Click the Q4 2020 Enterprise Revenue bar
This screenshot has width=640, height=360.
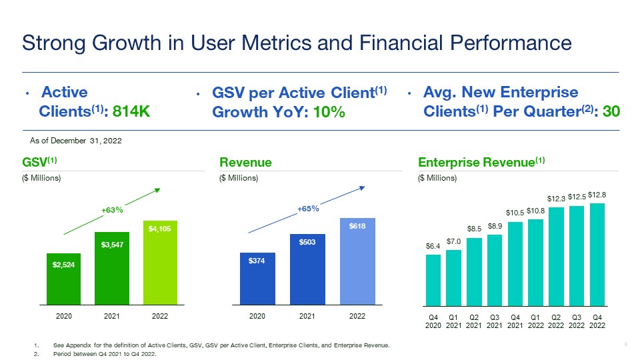tap(433, 279)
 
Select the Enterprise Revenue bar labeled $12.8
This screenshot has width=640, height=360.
tap(597, 253)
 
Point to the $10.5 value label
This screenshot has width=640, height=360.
tap(515, 213)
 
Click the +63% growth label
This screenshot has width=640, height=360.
tap(112, 210)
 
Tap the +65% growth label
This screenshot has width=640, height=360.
tap(308, 209)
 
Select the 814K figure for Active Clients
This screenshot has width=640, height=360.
tap(131, 111)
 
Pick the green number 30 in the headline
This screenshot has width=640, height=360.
tap(611, 111)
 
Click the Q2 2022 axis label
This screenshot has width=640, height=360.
tap(556, 321)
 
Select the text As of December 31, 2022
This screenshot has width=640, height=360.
tap(71, 141)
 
